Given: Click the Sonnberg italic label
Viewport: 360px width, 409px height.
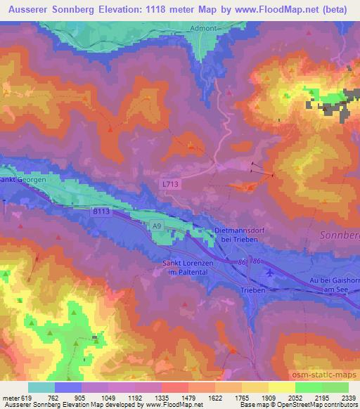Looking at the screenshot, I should [x=340, y=236].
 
